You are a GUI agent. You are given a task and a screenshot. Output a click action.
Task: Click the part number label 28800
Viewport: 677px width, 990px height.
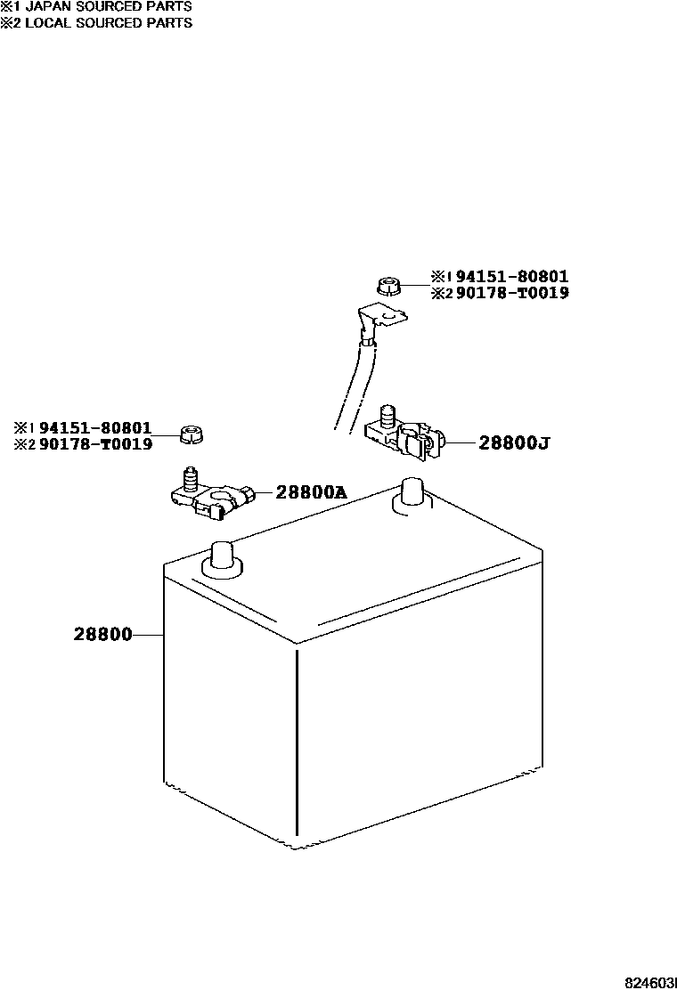102,635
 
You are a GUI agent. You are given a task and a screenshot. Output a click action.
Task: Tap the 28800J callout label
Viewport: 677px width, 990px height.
513,442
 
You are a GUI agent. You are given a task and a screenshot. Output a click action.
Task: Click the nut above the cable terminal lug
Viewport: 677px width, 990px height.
387,286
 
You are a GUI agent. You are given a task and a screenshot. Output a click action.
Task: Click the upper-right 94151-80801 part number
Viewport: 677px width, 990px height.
511,277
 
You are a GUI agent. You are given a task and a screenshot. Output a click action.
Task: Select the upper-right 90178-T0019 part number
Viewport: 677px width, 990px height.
511,293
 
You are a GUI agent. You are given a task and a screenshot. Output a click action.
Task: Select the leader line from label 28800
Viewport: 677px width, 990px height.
148,635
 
